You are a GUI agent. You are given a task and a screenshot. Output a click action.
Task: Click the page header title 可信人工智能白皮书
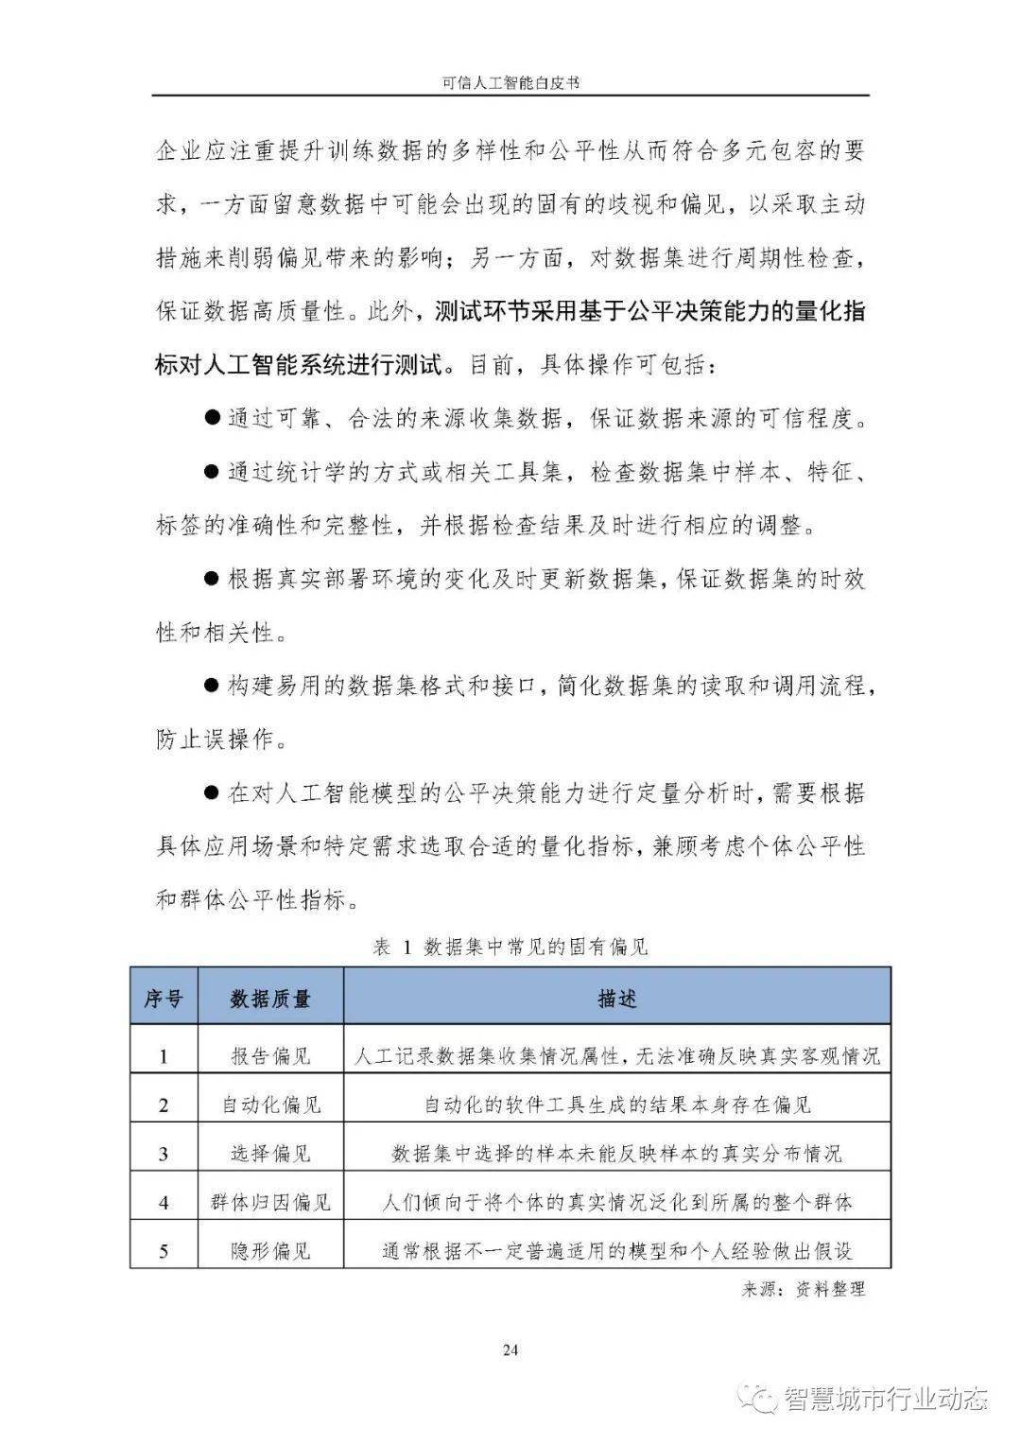click(x=510, y=83)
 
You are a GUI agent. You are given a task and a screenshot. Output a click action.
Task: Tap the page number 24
click(x=510, y=1349)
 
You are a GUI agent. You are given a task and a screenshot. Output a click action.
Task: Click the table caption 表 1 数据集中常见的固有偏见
click(x=510, y=947)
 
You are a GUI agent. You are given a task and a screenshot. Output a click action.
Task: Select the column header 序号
click(x=164, y=999)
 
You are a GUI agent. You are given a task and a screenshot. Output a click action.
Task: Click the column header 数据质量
click(x=270, y=999)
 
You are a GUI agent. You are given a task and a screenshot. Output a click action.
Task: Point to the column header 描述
click(x=616, y=999)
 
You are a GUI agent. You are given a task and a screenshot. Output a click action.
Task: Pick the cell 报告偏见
click(x=270, y=1055)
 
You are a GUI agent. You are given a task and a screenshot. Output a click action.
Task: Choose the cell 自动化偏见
click(x=270, y=1105)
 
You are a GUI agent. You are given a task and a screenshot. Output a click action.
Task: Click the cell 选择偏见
click(x=270, y=1154)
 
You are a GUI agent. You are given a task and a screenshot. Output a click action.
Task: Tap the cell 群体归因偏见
click(x=270, y=1203)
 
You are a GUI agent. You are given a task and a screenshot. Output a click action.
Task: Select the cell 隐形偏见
click(x=270, y=1251)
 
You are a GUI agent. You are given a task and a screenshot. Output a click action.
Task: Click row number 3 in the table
click(x=164, y=1154)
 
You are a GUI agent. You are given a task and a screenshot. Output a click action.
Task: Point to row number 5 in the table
click(x=164, y=1251)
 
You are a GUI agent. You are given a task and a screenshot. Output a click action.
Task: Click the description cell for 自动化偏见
click(x=616, y=1105)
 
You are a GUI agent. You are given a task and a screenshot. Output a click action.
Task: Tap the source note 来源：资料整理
click(x=804, y=1288)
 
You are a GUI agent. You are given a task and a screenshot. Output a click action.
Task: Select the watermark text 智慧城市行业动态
click(x=885, y=1399)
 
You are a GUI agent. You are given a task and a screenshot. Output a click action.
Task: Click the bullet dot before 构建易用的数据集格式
click(x=212, y=685)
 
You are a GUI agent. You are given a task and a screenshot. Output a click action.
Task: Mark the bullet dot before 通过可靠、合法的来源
click(x=212, y=418)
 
